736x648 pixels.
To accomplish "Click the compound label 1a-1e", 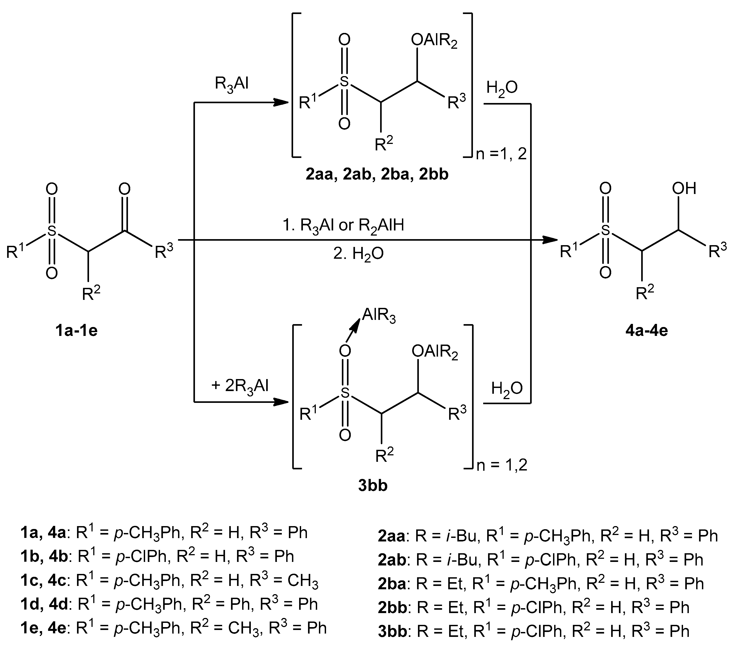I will [x=76, y=331].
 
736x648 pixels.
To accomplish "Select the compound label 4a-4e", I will [x=647, y=331].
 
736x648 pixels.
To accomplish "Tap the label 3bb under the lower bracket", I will [x=373, y=486].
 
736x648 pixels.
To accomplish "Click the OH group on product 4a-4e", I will [x=684, y=189].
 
